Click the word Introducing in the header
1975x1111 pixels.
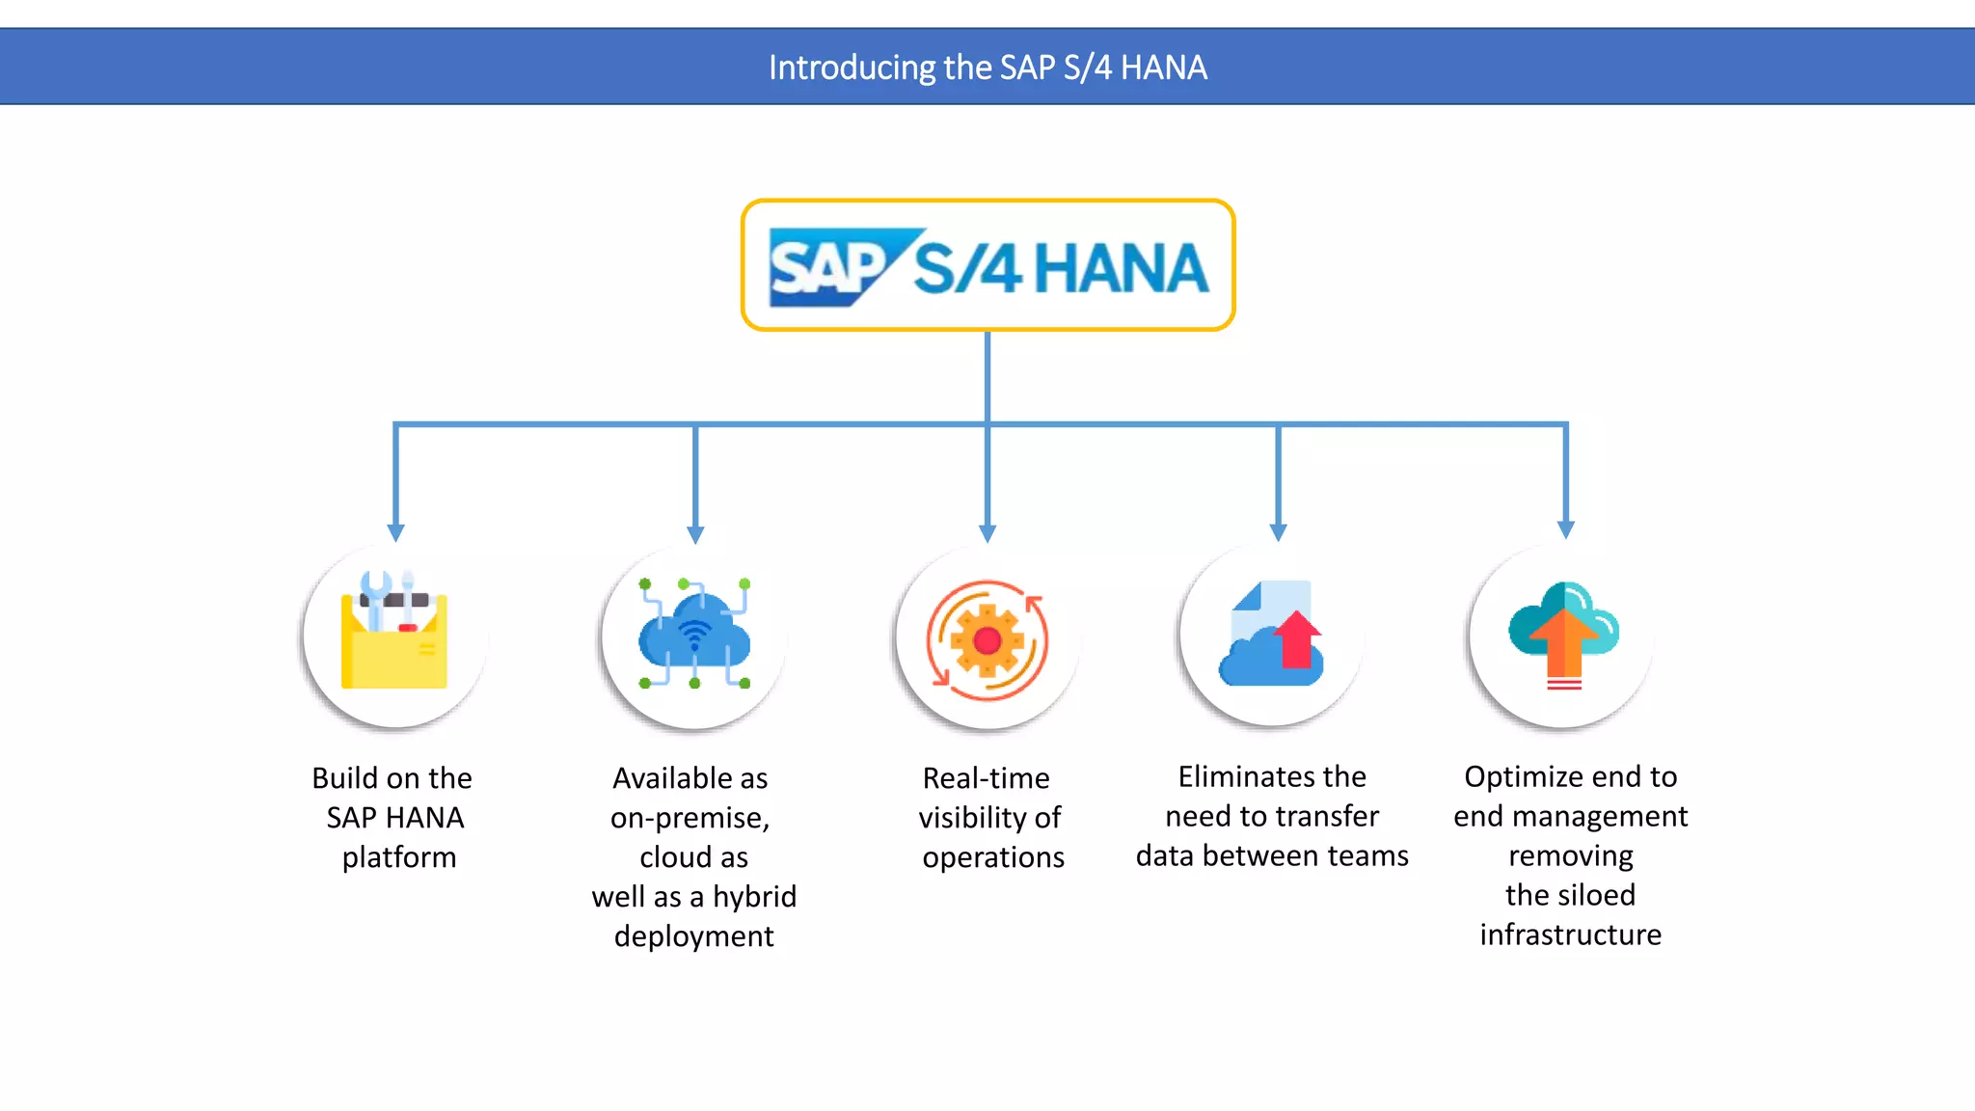point(852,68)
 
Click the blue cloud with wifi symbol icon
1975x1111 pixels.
point(694,634)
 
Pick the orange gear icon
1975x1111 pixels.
point(987,639)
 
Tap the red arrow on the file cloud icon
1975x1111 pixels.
point(1297,638)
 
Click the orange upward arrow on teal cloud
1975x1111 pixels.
point(1564,641)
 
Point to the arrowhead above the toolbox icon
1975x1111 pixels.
point(395,532)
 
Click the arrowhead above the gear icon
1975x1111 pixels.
point(987,532)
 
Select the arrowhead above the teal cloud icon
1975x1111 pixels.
point(1566,529)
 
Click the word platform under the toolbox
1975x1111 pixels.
point(398,857)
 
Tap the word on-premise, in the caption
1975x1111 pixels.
point(690,818)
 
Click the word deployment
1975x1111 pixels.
point(694,936)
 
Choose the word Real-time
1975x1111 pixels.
point(986,778)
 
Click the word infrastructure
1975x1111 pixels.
point(1570,935)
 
